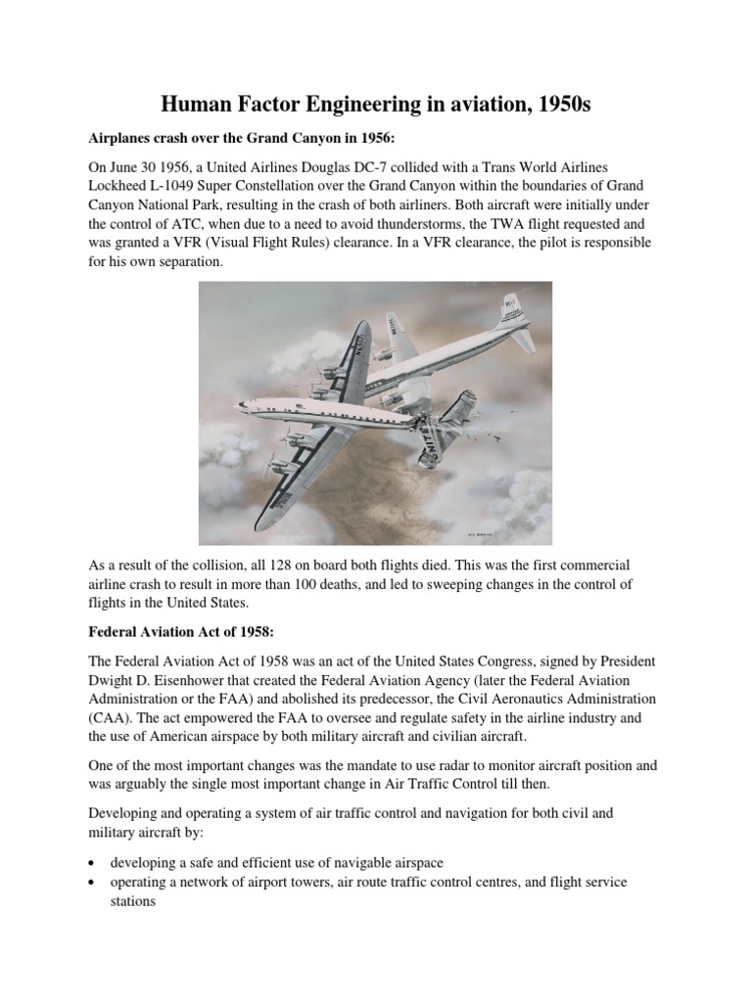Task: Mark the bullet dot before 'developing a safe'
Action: coord(91,862)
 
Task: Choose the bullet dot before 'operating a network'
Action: coord(91,883)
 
